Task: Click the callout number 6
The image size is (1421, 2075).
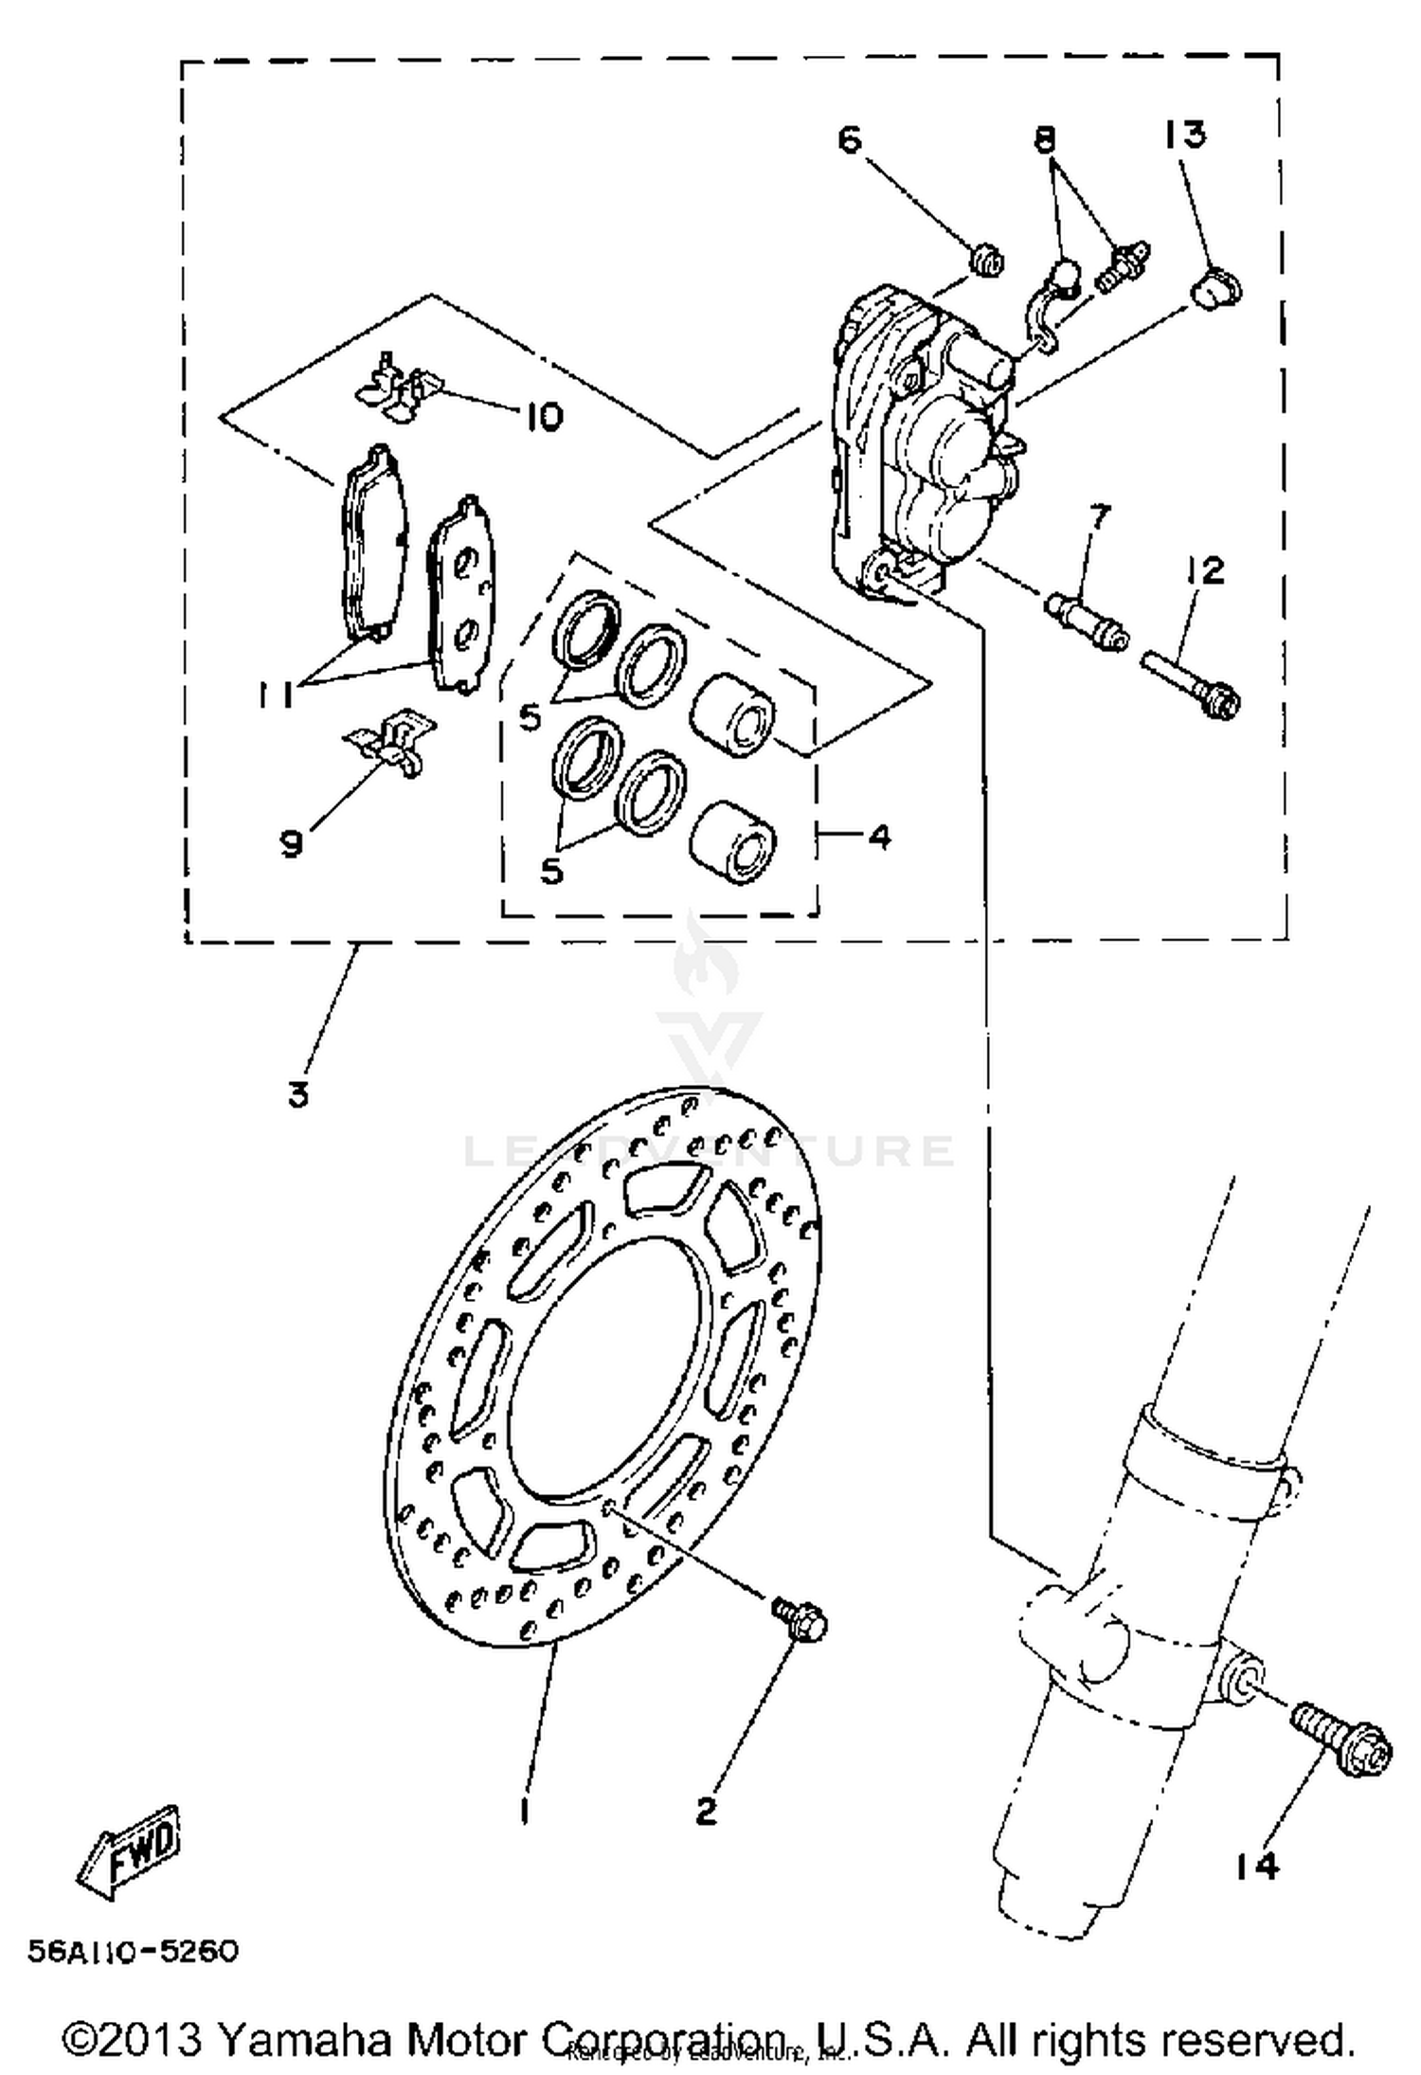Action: click(850, 140)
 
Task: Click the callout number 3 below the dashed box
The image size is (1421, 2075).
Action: click(298, 1095)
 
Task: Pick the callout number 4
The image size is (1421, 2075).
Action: click(879, 837)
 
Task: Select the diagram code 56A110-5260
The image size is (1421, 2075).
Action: click(133, 1953)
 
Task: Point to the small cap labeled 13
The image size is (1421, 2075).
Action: click(1216, 287)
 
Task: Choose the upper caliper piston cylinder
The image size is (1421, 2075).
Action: click(733, 714)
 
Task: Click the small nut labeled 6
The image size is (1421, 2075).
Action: click(987, 260)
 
